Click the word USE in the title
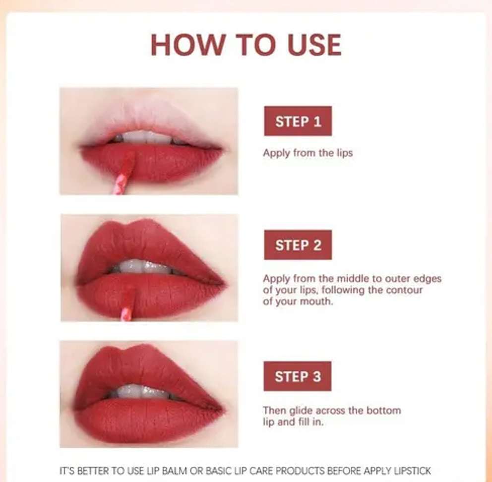314,45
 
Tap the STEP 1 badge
298,121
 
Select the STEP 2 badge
298,245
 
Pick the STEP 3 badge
298,376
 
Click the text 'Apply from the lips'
308,153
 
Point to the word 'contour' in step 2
404,290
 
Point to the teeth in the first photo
147,138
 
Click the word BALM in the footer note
175,471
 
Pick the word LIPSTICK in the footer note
412,471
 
